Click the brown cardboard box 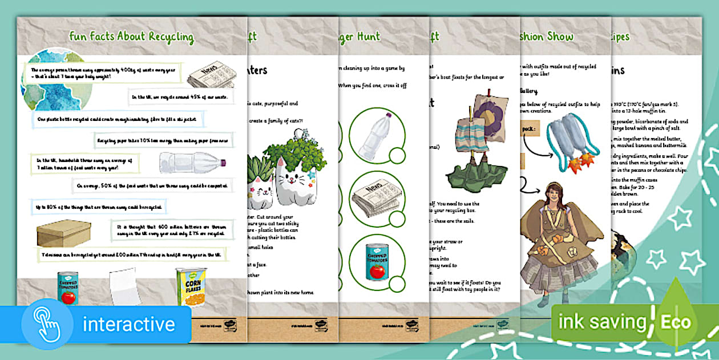tap(63, 233)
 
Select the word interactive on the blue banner tap(128, 324)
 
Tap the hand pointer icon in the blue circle tap(47, 323)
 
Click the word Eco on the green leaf tap(676, 322)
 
